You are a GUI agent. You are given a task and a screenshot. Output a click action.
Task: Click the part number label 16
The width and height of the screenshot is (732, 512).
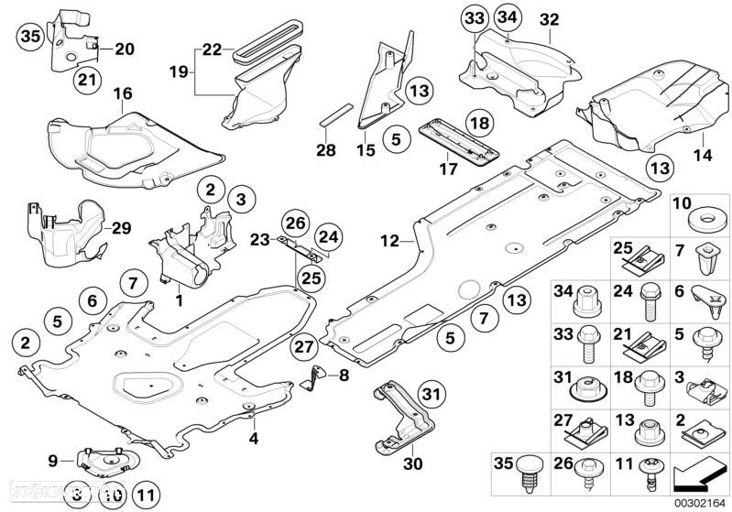[122, 93]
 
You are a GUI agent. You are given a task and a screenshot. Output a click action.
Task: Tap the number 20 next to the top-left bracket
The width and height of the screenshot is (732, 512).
[124, 49]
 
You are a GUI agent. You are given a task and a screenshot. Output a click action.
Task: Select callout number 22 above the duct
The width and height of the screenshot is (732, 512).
[212, 49]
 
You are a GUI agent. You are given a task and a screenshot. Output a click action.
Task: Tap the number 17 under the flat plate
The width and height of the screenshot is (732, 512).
[448, 169]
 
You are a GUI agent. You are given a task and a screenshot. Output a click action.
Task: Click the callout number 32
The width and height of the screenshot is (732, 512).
[549, 18]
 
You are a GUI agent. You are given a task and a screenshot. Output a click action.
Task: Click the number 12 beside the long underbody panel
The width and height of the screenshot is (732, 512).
[389, 241]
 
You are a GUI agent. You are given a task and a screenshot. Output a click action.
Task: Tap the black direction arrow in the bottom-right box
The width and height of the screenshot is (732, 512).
[697, 475]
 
